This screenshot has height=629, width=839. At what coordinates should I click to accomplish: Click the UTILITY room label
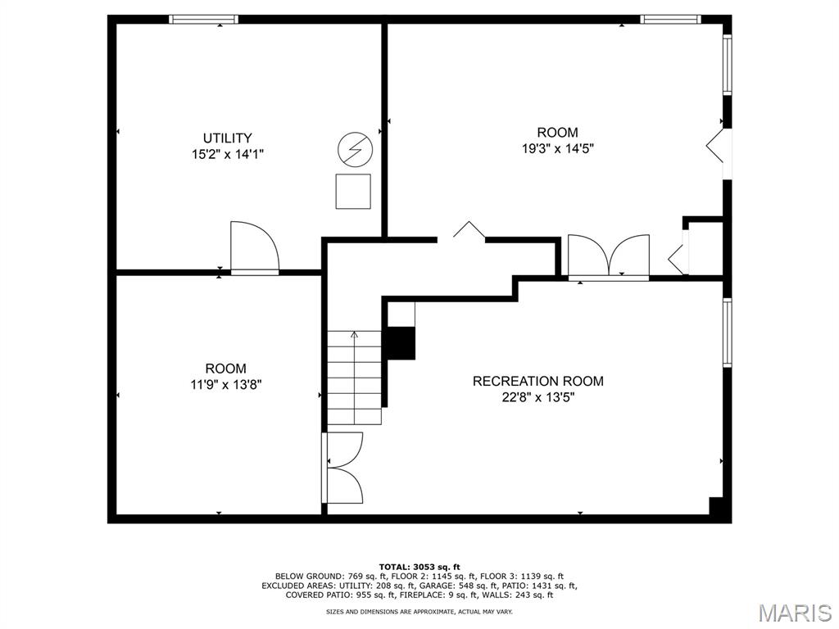click(x=227, y=138)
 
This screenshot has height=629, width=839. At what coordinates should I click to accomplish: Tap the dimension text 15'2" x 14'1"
click(x=227, y=154)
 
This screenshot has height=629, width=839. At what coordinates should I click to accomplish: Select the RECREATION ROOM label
click(x=537, y=381)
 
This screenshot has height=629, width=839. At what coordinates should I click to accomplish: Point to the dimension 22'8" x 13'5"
click(x=537, y=397)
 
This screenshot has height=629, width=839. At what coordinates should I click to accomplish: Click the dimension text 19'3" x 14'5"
click(x=557, y=149)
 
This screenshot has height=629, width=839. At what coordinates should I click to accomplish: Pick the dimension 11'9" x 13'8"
click(x=225, y=384)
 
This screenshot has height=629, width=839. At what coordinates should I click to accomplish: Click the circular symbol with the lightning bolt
click(x=354, y=150)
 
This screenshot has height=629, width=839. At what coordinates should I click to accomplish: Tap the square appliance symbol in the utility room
click(x=353, y=191)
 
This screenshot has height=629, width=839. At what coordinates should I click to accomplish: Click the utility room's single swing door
click(x=254, y=247)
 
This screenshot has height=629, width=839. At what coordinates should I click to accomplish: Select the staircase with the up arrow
click(x=355, y=377)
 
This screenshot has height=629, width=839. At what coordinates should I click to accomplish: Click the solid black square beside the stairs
click(x=401, y=343)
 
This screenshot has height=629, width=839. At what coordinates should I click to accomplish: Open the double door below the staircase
click(x=343, y=468)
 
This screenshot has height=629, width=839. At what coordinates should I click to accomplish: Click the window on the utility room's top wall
click(x=203, y=19)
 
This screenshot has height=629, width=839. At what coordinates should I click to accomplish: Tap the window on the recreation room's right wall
click(x=727, y=333)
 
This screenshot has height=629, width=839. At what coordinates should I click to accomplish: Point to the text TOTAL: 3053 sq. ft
click(x=419, y=567)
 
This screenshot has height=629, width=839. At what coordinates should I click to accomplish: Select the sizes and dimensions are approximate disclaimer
click(x=419, y=612)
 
